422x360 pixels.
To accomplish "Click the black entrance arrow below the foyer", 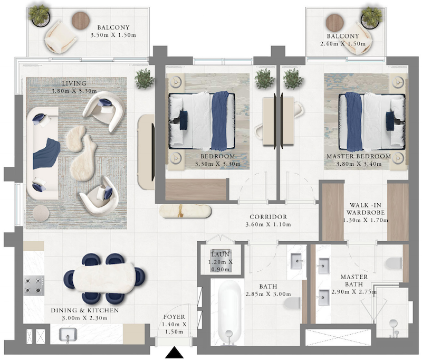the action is (x=174, y=352).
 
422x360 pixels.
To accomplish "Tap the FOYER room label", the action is (x=174, y=317).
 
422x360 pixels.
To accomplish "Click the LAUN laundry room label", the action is (x=220, y=254).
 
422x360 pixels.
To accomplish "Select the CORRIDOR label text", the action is (x=268, y=217).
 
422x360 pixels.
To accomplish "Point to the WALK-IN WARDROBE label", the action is (x=366, y=209).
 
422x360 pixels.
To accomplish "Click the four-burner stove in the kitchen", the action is (x=34, y=286).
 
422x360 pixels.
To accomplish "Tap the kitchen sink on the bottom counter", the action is (x=68, y=336).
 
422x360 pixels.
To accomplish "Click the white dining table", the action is (x=104, y=277).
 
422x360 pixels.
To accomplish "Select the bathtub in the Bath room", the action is (x=229, y=312).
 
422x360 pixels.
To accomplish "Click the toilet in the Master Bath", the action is (x=394, y=263).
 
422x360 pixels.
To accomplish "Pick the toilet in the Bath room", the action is (x=292, y=303).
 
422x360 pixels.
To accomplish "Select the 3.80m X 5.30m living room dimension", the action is (x=74, y=91).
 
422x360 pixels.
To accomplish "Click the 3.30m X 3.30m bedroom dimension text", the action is (x=218, y=164).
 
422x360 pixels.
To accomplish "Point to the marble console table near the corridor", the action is (x=185, y=211).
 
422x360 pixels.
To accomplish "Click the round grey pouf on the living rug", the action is (x=41, y=213).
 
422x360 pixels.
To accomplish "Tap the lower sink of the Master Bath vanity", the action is (x=324, y=298).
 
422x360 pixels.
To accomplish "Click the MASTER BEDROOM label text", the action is (x=359, y=156).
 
